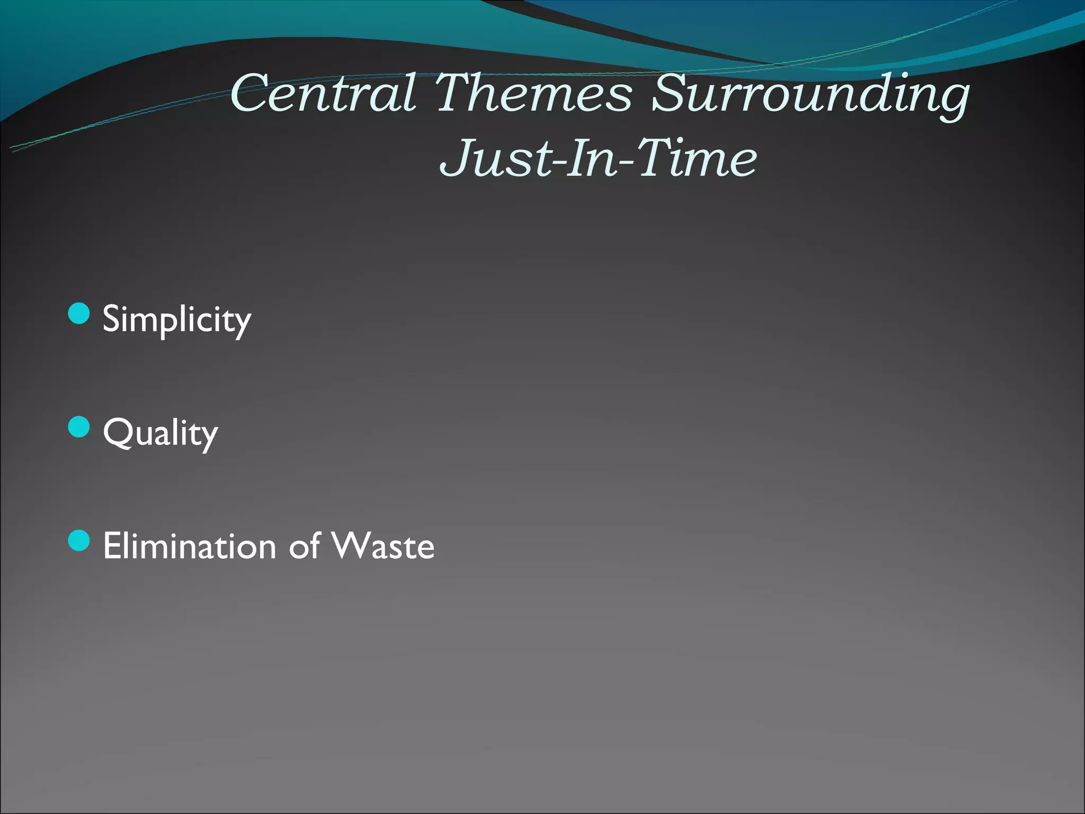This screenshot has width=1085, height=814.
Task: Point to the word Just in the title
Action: [496, 158]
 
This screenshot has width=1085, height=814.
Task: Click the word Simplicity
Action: [176, 320]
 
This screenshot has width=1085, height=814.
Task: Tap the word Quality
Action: [160, 433]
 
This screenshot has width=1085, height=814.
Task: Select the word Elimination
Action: [190, 546]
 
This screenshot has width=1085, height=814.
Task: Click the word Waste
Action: [383, 546]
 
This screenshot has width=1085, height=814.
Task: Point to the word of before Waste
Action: [304, 546]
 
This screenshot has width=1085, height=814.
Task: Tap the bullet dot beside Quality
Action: [79, 427]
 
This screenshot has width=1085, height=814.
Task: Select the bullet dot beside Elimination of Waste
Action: [79, 541]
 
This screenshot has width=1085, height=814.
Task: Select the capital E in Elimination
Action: [112, 546]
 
